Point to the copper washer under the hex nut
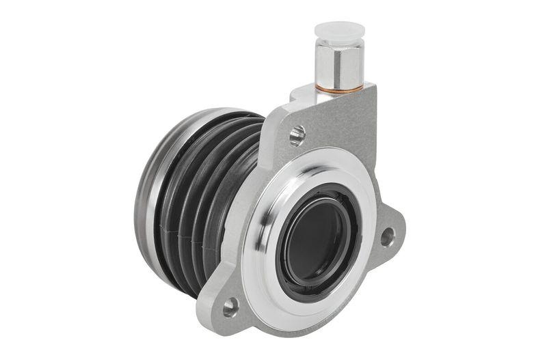tap(340, 89)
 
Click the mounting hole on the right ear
tap(387, 237)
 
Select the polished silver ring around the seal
tap(273, 225)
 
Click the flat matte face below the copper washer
tap(342, 123)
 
